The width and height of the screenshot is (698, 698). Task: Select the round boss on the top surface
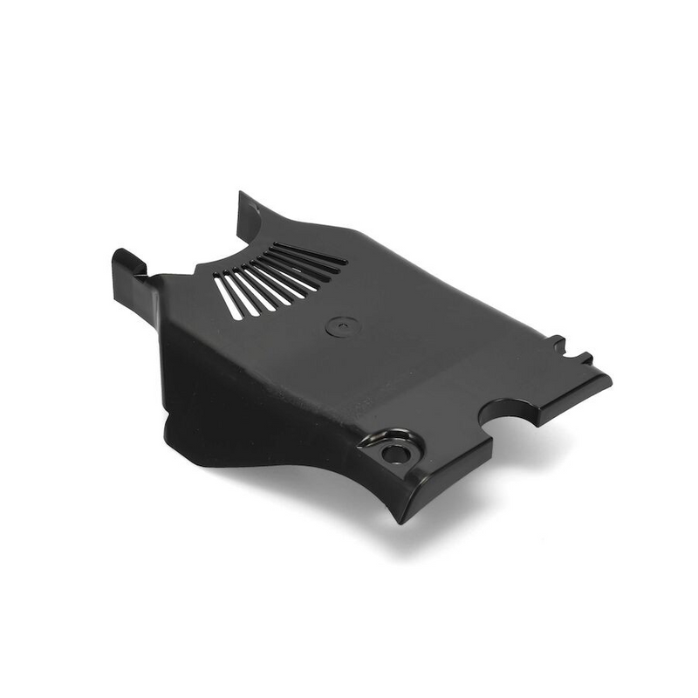point(342,327)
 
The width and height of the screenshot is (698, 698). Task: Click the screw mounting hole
point(394,454)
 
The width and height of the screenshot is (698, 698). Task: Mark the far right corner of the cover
point(608,380)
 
